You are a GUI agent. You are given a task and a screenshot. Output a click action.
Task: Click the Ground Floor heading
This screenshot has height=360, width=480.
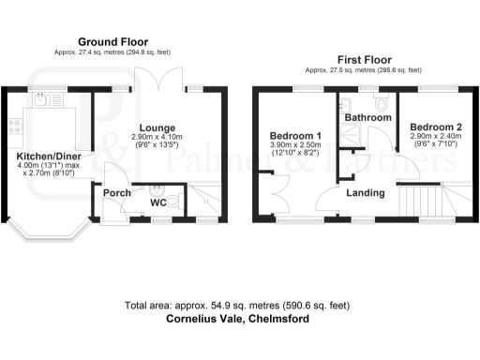pos(114,41)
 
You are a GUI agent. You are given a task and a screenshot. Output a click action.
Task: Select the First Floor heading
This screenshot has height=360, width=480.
pos(363,58)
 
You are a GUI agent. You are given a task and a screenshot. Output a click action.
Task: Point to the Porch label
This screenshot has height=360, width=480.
pos(117,194)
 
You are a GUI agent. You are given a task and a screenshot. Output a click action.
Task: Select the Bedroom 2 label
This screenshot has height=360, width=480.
pos(434,127)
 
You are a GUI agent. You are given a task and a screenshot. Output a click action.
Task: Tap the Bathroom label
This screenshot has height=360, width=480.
pos(367,118)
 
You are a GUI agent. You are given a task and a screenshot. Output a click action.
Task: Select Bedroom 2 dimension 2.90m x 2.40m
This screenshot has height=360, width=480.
pos(434,137)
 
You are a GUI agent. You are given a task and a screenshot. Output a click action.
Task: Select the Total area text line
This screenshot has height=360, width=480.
pos(238,306)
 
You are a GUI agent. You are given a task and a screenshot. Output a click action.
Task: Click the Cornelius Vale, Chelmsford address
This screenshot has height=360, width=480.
pos(238,319)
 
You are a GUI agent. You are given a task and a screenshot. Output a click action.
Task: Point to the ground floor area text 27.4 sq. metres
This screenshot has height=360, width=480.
pos(114,53)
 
